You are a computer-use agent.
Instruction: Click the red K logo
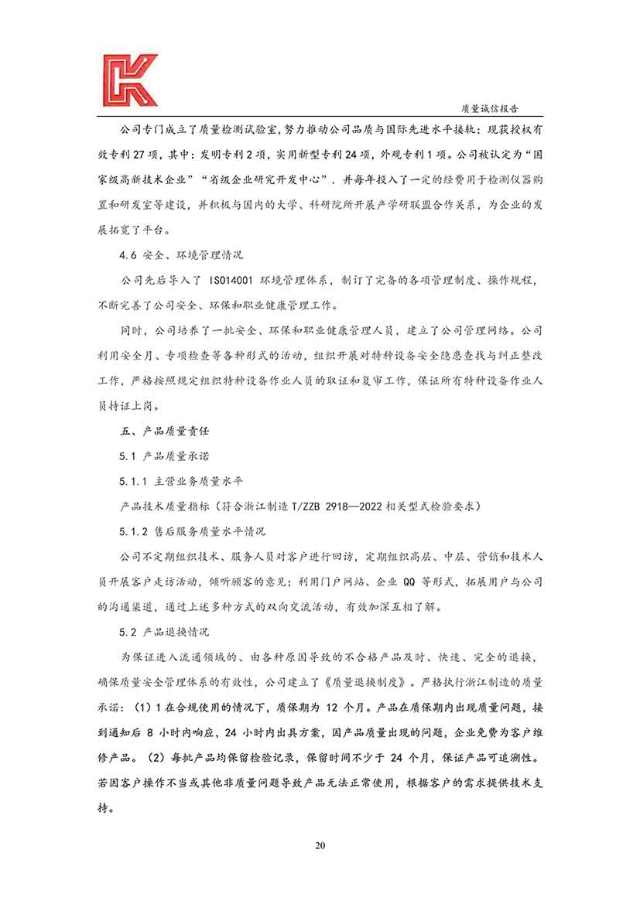[128, 80]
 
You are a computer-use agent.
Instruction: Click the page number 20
[320, 844]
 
